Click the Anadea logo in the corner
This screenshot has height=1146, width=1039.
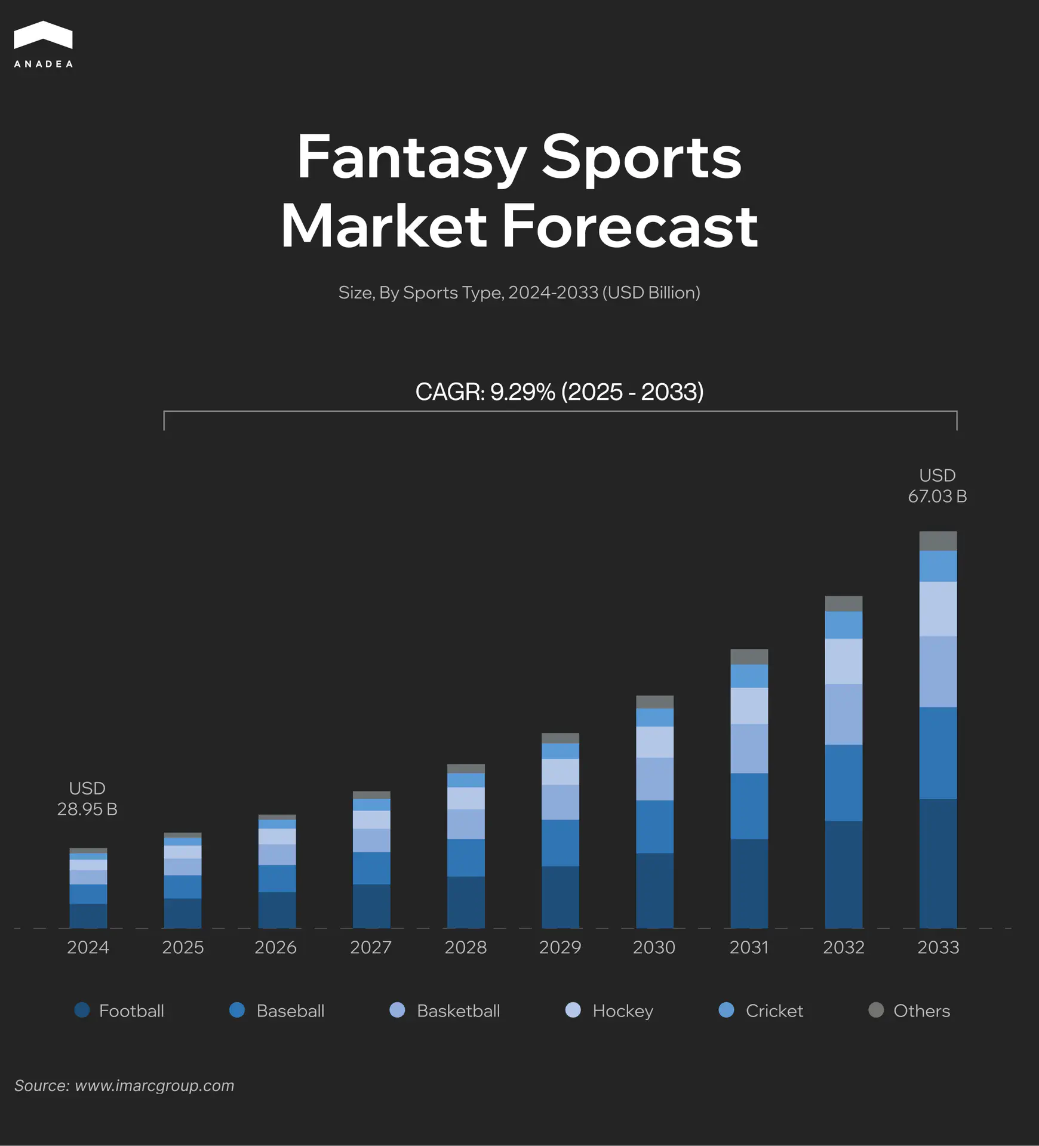click(43, 45)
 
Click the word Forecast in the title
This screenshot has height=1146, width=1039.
click(630, 227)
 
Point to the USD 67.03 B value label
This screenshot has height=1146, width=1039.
click(937, 486)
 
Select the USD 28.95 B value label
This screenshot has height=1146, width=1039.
click(87, 799)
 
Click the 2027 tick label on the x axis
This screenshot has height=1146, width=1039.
click(371, 947)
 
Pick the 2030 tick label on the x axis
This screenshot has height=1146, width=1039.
click(654, 947)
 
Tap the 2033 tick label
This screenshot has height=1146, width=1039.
click(938, 947)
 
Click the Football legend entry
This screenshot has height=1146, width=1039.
click(119, 1011)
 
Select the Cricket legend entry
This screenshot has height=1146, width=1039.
click(761, 1011)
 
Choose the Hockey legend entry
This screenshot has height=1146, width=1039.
click(610, 1011)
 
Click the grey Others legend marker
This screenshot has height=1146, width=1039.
click(876, 1010)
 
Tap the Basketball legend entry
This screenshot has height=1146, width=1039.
click(445, 1011)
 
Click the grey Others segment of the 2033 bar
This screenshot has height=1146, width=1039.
click(938, 541)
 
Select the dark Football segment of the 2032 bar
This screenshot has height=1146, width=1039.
click(844, 874)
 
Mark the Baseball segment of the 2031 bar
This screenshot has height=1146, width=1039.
click(749, 806)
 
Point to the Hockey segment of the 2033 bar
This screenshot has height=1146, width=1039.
click(938, 609)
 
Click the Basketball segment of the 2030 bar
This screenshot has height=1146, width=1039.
click(655, 779)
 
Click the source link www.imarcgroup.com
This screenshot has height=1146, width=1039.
click(154, 1086)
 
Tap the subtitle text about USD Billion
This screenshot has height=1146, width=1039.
click(519, 292)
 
